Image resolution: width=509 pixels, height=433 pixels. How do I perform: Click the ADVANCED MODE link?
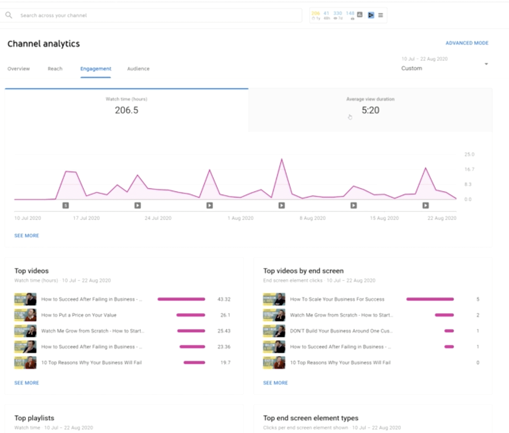pos(467,43)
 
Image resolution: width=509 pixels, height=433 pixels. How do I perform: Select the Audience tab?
pos(138,69)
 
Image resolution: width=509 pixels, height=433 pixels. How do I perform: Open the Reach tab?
pos(55,69)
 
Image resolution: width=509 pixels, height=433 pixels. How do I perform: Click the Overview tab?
pos(19,69)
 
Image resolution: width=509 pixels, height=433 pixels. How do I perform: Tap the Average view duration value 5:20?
pos(370,110)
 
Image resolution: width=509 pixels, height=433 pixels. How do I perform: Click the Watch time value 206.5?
pos(126,110)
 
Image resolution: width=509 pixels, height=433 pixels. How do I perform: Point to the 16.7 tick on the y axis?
pos(469,169)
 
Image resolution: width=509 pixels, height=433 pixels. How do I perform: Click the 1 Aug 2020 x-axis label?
pos(240,218)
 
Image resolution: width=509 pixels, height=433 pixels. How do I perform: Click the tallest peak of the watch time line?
pos(281,159)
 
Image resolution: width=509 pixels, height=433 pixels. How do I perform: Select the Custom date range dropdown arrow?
pos(486,64)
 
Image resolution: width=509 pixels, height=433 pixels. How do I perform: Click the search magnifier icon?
pos(9,15)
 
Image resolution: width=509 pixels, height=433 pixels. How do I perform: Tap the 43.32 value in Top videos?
pos(224,299)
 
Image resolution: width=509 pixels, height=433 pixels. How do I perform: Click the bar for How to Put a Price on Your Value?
pos(191,315)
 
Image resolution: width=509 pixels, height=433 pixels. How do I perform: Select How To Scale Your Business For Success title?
pos(337,299)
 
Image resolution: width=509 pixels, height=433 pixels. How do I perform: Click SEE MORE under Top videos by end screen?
pos(275,383)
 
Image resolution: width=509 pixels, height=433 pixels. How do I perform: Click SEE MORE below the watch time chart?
pos(27,236)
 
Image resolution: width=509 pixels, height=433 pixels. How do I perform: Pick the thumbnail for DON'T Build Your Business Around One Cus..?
pos(274,331)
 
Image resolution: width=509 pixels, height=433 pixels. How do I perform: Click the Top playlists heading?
pos(34,418)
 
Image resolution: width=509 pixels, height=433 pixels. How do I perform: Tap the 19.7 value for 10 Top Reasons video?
pos(225,363)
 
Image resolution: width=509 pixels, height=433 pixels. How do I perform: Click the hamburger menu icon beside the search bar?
pos(380,15)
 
